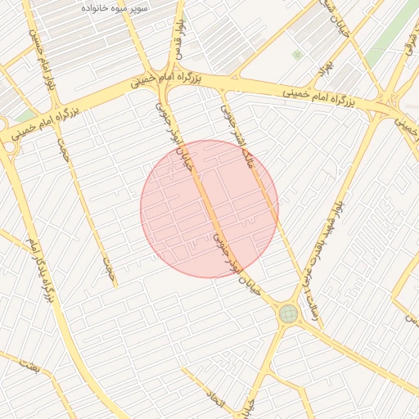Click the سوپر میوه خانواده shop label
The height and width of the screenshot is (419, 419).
click(x=115, y=7)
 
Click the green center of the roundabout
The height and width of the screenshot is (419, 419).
click(x=287, y=313)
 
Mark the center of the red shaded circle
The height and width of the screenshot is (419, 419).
click(x=209, y=209)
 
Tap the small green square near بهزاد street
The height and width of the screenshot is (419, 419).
click(x=297, y=55)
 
